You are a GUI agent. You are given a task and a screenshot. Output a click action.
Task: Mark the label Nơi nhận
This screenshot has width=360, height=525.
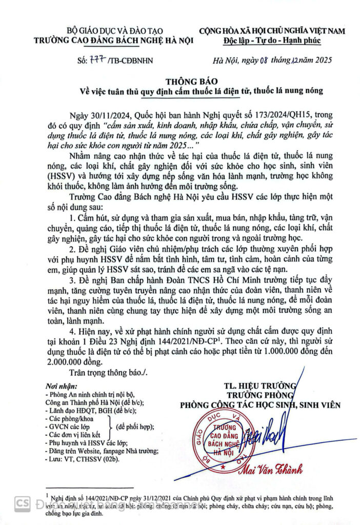point(58,386)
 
